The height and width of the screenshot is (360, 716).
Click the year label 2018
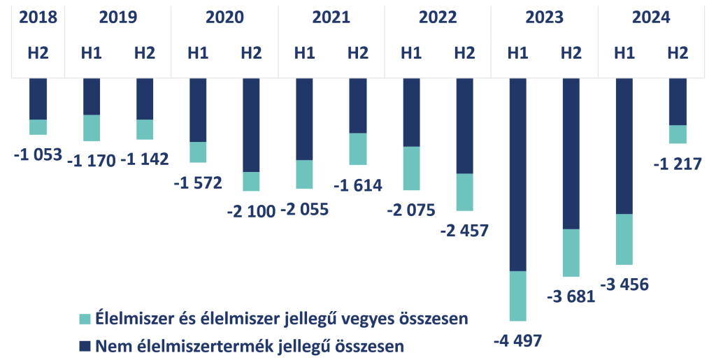coord(38,18)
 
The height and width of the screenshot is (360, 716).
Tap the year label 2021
coord(331,18)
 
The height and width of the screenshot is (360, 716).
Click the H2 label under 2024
coord(678,52)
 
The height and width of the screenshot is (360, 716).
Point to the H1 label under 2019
coord(92,52)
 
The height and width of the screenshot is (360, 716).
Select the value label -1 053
coord(38,154)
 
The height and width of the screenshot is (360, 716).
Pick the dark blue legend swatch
coord(85,345)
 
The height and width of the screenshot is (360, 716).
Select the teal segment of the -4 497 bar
coord(518,296)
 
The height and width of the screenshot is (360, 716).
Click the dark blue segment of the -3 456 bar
coord(624,145)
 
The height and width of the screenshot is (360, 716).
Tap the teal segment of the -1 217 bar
coord(678,134)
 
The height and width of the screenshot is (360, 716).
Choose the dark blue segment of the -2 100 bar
coord(251,124)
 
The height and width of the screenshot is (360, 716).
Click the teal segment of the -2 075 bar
coord(411,168)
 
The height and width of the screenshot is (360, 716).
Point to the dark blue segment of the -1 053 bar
coord(38,99)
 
